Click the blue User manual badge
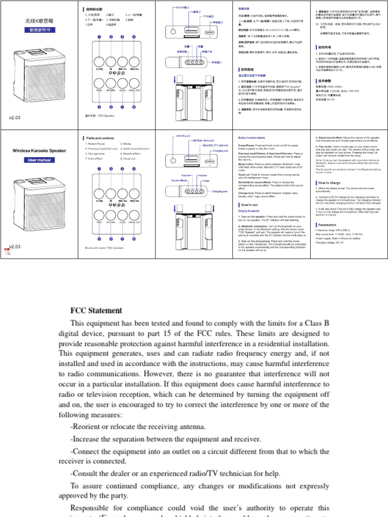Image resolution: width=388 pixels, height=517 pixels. (x=39, y=160)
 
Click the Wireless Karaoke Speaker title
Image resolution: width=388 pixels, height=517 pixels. (x=39, y=150)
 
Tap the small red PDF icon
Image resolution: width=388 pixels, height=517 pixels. (x=7, y=250)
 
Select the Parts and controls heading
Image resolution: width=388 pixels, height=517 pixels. (x=100, y=138)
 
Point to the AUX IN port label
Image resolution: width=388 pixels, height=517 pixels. (x=183, y=136)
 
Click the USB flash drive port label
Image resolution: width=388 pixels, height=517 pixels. (x=202, y=140)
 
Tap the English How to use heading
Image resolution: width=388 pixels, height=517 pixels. (x=250, y=204)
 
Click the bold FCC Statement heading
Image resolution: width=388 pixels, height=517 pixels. (x=96, y=310)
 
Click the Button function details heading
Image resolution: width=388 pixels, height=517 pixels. (x=251, y=138)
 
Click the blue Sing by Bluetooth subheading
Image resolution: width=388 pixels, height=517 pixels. (x=249, y=211)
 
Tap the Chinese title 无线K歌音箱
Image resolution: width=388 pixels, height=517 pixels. (x=39, y=22)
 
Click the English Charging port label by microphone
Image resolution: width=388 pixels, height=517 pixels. (x=219, y=191)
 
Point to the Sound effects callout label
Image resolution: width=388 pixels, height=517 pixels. (x=179, y=180)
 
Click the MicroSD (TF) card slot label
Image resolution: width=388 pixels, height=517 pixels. (x=214, y=145)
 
